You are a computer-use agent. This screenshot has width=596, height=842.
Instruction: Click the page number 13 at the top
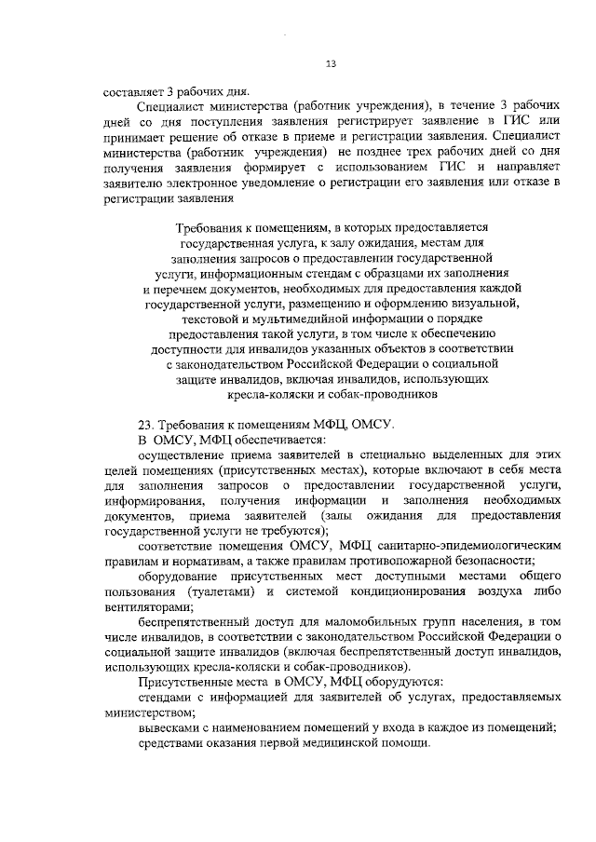(331, 63)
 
